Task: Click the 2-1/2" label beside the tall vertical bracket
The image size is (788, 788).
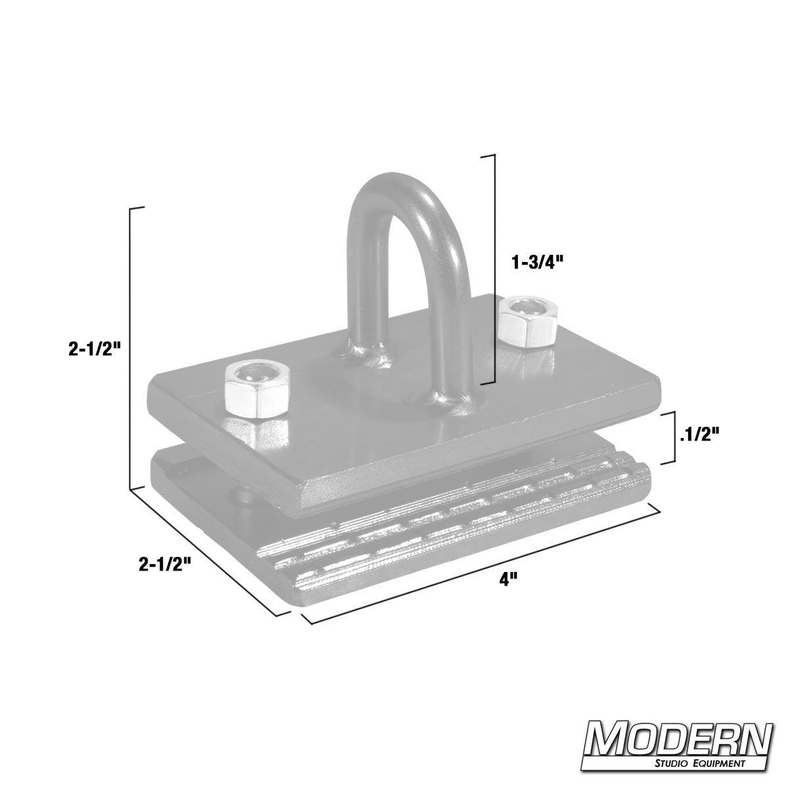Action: click(x=95, y=349)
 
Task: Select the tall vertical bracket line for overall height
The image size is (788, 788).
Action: click(x=132, y=348)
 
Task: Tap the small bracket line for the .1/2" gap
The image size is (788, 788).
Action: click(x=674, y=437)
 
